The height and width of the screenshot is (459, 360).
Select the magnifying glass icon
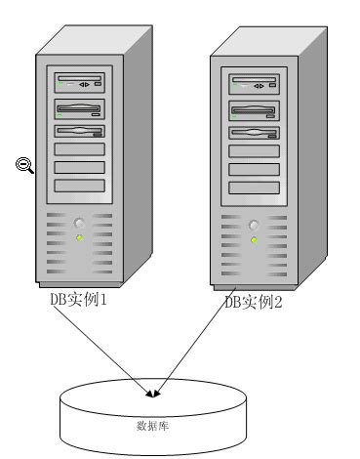point(25,165)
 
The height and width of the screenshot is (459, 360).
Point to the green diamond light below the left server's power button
point(80,237)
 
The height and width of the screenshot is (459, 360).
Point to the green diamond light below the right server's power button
point(255,237)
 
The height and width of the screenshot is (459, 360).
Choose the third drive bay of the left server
point(80,129)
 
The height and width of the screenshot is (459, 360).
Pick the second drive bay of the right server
point(255,108)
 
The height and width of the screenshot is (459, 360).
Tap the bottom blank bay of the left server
point(80,187)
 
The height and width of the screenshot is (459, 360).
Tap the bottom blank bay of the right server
point(255,187)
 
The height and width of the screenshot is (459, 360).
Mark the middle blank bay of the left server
point(80,168)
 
